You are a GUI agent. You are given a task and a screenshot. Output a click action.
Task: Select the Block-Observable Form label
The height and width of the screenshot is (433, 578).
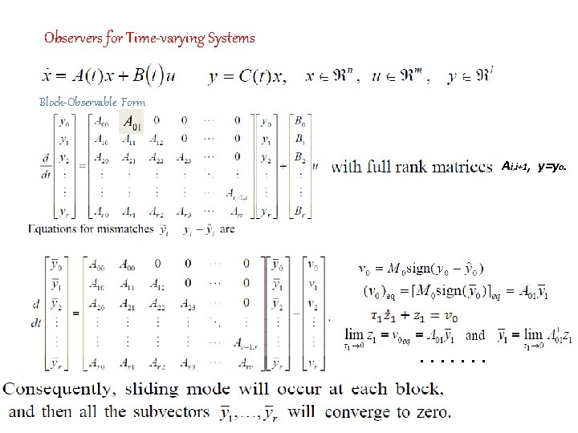92,102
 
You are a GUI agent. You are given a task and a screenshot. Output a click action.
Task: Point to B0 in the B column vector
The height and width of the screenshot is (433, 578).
299,122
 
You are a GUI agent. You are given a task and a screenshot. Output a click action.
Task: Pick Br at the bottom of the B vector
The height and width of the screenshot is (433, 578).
299,212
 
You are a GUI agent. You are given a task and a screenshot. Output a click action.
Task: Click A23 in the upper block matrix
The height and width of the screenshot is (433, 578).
183,157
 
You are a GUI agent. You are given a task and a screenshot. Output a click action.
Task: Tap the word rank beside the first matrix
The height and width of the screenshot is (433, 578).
421,167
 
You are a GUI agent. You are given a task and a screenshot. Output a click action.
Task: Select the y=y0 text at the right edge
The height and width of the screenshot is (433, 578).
552,166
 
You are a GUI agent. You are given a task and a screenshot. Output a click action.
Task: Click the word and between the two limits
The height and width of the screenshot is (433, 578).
476,336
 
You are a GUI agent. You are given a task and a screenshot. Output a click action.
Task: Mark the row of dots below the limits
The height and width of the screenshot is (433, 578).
453,360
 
